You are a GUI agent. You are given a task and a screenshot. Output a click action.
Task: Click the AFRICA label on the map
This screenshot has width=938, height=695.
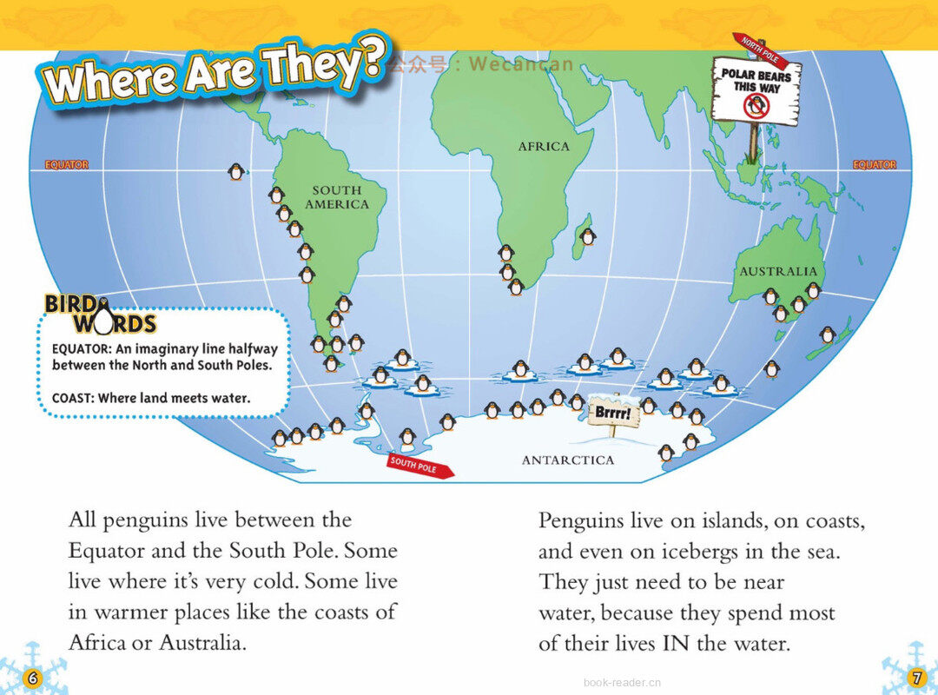544,147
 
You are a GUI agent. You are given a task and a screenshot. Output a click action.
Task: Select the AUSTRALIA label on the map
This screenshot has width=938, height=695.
778,271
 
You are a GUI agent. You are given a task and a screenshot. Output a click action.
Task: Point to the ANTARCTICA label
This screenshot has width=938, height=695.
567,460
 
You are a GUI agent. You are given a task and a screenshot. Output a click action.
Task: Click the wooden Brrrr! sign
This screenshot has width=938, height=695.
614,413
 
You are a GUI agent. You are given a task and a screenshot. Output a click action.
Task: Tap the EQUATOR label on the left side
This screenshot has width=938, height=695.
67,165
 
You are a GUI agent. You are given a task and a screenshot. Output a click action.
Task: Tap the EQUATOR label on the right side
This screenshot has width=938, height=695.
874,165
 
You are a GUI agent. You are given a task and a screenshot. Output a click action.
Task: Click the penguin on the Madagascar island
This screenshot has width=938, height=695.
588,235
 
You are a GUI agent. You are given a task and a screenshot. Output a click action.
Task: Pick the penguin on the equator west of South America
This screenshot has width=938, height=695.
235,172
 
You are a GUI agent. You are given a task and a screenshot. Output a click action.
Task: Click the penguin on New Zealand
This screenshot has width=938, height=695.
828,334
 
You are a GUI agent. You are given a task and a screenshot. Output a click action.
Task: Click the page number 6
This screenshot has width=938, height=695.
32,678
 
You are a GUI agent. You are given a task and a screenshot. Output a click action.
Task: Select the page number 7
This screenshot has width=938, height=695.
915,678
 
